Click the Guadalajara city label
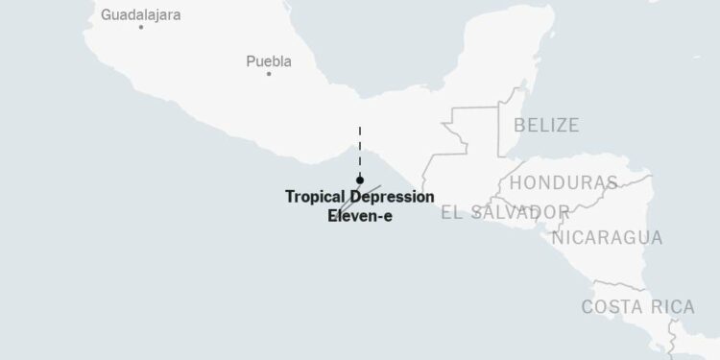140,15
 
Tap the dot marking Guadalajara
141,27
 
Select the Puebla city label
269,62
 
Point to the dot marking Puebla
270,74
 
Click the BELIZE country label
546,125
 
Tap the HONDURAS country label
563,182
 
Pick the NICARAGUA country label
607,238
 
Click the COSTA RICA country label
636,307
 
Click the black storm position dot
359,180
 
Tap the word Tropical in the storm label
316,197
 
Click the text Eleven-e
360,216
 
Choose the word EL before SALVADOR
451,211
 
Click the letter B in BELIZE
519,125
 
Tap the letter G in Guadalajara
107,15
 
